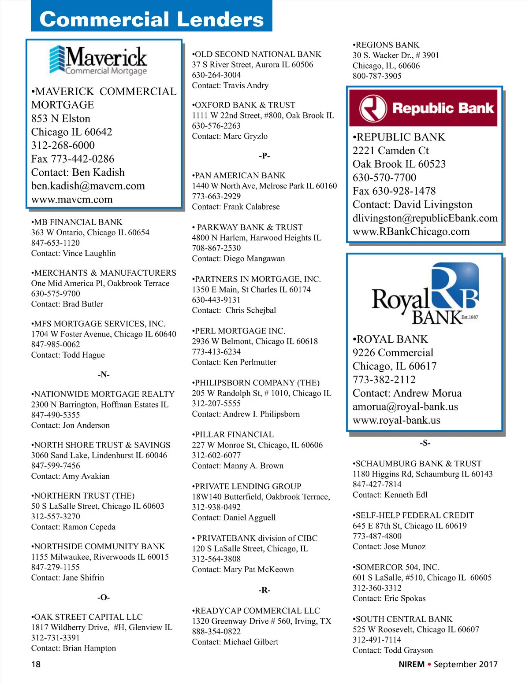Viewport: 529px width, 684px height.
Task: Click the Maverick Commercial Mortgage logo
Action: pyautogui.click(x=98, y=61)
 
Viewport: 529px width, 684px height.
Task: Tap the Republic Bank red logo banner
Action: pyautogui.click(x=423, y=108)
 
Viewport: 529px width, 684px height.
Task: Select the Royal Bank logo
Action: pyautogui.click(x=425, y=294)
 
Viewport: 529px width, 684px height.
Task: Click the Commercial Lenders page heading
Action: pyautogui.click(x=152, y=19)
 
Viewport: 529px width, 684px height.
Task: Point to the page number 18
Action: pyautogui.click(x=36, y=664)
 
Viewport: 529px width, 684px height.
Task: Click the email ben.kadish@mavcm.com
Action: pyautogui.click(x=88, y=186)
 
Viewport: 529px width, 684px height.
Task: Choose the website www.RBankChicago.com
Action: pyautogui.click(x=411, y=232)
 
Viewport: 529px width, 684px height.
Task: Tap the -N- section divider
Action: pyautogui.click(x=104, y=374)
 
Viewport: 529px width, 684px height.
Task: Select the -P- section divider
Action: pyautogui.click(x=264, y=155)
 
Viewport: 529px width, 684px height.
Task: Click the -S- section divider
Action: pyautogui.click(x=425, y=443)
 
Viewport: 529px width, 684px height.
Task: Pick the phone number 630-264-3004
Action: pyautogui.click(x=216, y=75)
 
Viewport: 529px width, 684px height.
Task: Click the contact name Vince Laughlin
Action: pyautogui.click(x=89, y=253)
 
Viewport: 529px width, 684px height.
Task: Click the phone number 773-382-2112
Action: pyautogui.click(x=384, y=380)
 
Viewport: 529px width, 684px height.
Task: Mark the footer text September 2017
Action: pyautogui.click(x=466, y=664)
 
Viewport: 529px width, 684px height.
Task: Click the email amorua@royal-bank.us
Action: pyautogui.click(x=405, y=407)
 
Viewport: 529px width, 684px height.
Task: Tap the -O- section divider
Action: pyautogui.click(x=104, y=597)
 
